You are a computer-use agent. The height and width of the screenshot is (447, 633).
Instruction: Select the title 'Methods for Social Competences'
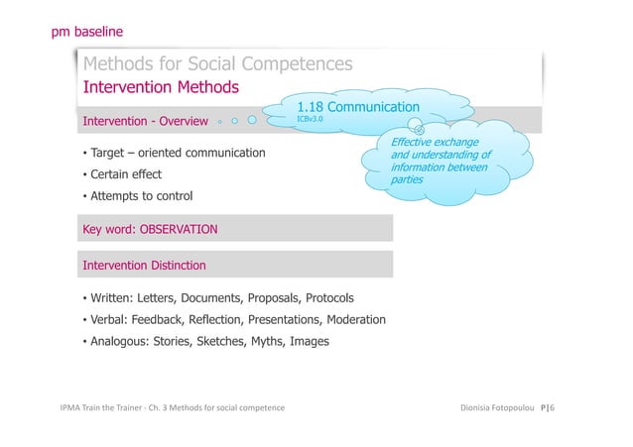coord(217,65)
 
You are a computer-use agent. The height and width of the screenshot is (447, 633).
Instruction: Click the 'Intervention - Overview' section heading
coord(145,123)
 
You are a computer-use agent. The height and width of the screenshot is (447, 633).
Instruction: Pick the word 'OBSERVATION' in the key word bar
coord(178,230)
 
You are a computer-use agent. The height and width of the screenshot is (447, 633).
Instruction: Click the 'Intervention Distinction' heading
coord(144,266)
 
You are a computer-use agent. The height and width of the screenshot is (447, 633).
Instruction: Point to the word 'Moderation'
coord(354,320)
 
